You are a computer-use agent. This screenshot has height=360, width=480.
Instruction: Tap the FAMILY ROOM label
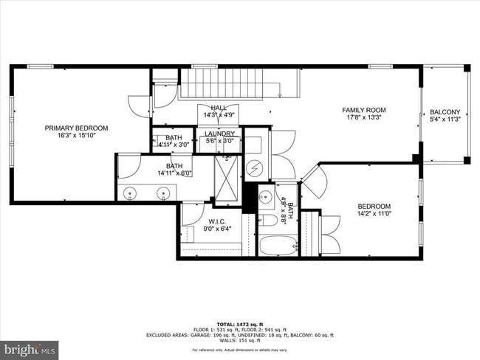364,109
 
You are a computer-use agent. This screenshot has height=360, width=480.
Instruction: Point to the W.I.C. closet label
216,221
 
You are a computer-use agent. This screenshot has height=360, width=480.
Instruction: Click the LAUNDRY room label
219,134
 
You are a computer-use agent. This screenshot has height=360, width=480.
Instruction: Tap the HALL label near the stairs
219,108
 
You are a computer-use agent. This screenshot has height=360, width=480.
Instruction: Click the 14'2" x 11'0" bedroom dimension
374,215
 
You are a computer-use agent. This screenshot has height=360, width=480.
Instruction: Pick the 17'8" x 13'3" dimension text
364,117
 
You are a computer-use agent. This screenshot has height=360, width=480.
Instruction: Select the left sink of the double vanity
131,193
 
